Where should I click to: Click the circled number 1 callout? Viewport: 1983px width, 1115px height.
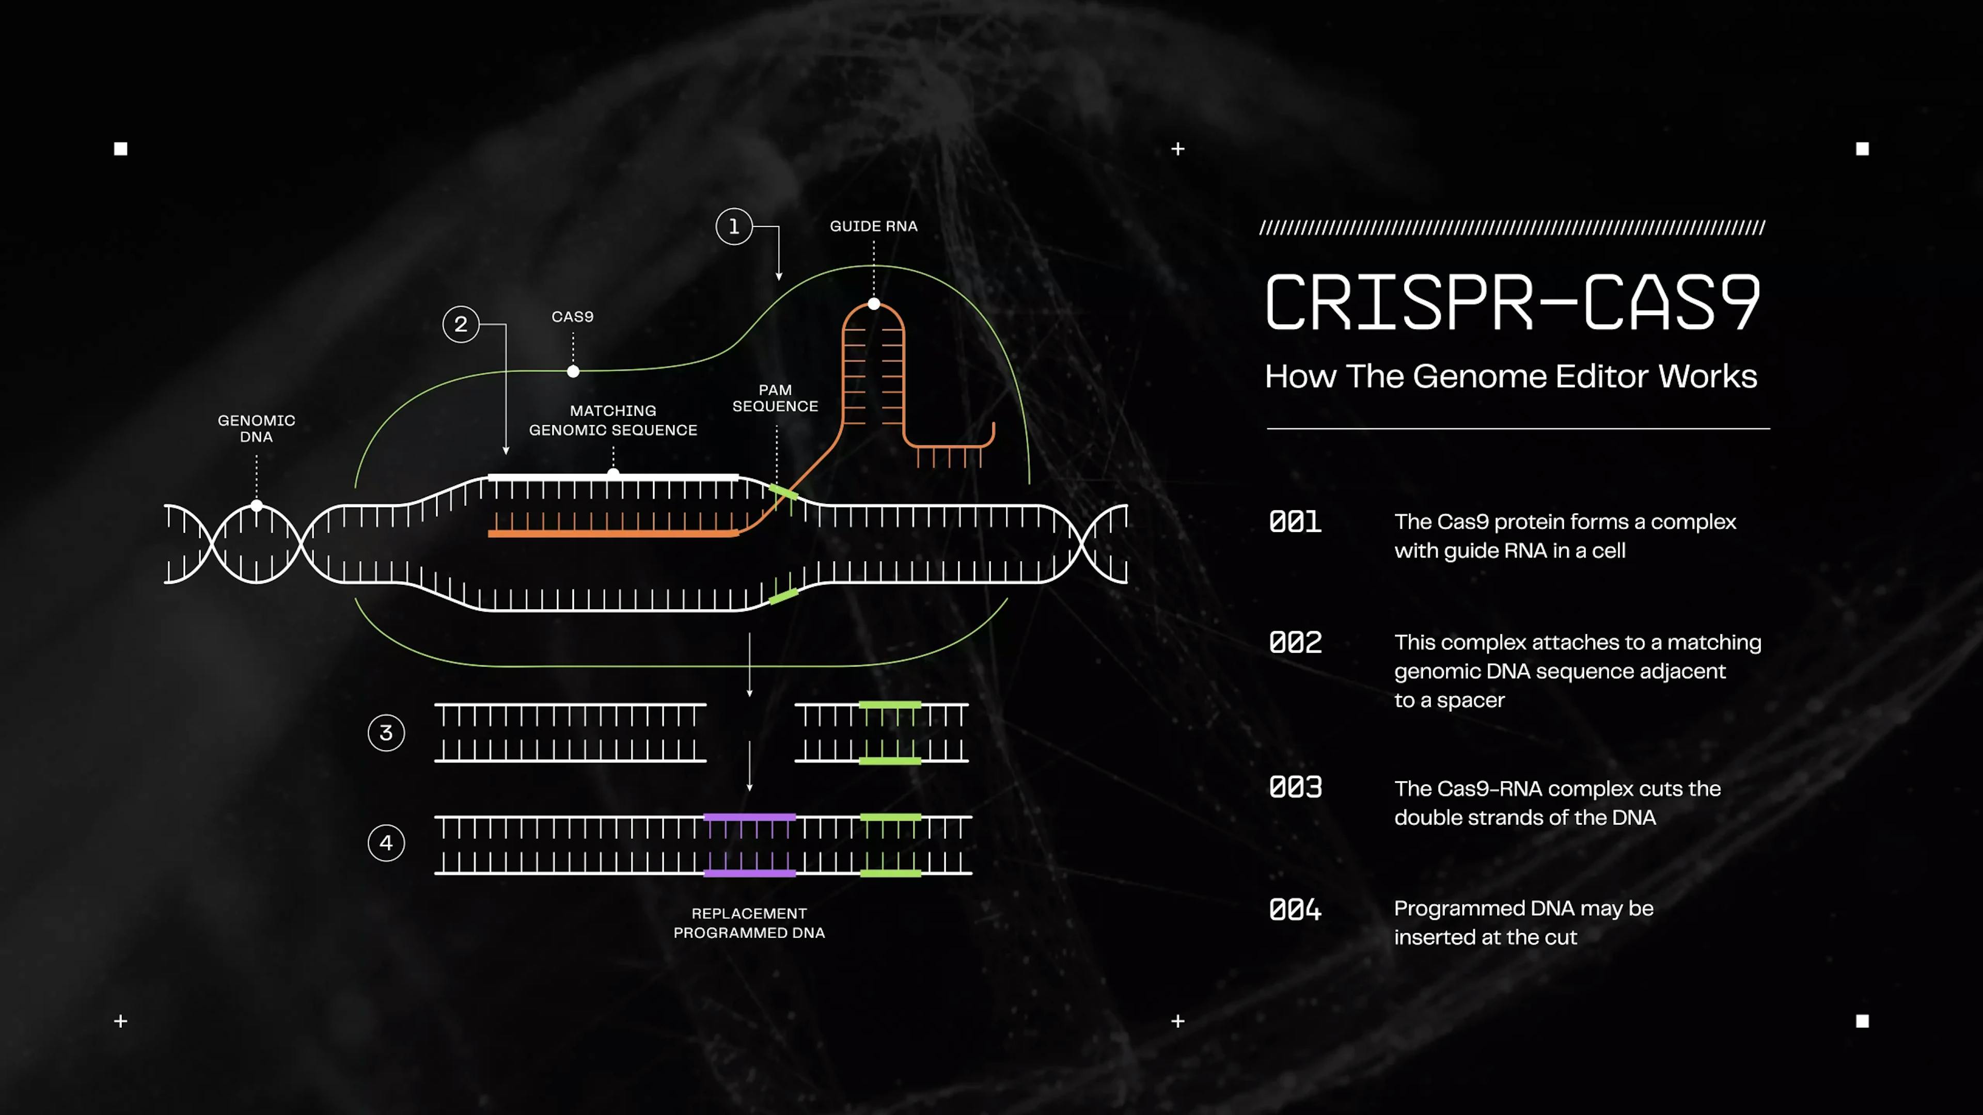[x=734, y=226]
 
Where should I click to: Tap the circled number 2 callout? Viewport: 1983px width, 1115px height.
[x=460, y=324]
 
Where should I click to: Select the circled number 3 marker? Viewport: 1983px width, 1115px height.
[x=386, y=732]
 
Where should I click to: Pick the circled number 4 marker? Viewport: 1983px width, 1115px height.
[x=386, y=842]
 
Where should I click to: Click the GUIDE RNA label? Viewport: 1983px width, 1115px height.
[x=874, y=226]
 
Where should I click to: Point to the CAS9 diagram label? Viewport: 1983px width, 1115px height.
[x=573, y=316]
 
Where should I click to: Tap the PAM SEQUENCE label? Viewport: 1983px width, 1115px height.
[x=775, y=398]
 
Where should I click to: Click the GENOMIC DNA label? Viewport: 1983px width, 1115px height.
[x=256, y=428]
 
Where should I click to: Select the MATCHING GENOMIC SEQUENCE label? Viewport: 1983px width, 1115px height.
[x=613, y=420]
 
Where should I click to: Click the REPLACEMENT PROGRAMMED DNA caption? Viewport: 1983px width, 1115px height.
[x=749, y=922]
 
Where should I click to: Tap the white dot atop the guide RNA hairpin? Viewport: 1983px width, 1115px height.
[x=874, y=304]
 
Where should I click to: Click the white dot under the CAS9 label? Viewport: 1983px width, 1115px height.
[x=573, y=372]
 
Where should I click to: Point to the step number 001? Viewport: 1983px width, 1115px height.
[x=1296, y=522]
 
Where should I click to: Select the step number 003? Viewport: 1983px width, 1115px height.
[x=1296, y=787]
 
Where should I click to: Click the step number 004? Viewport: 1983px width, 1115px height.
[x=1296, y=910]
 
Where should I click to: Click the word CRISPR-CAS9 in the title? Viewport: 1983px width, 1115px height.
[x=1513, y=302]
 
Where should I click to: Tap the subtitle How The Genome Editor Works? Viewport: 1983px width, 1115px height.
[x=1511, y=376]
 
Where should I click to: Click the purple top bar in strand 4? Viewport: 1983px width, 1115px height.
[x=750, y=817]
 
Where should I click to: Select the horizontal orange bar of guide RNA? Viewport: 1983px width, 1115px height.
[x=613, y=533]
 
